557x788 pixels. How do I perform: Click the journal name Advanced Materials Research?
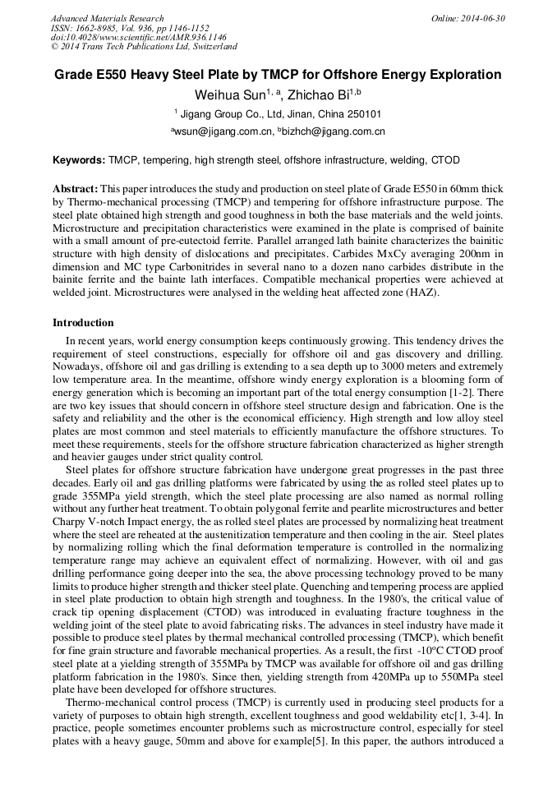coord(107,18)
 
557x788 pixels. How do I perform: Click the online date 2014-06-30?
coord(479,18)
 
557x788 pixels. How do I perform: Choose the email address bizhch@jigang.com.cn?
coord(334,131)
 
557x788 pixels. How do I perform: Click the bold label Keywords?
coord(79,160)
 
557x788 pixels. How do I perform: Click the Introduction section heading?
coord(83,323)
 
